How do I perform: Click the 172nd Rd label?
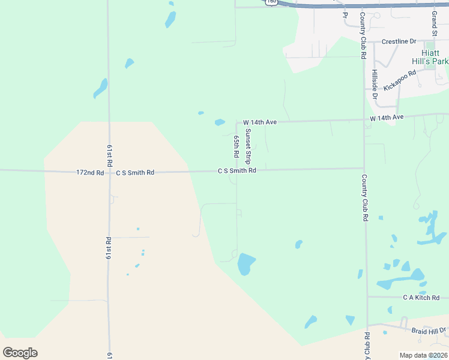click(x=90, y=172)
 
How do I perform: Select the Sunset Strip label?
click(x=247, y=147)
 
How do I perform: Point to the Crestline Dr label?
click(x=400, y=41)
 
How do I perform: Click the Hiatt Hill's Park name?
click(x=426, y=57)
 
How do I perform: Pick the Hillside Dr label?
click(x=375, y=84)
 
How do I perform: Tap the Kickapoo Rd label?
click(x=400, y=80)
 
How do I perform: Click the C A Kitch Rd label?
click(x=421, y=298)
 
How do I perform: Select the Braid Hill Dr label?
click(x=429, y=331)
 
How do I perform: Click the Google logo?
click(x=20, y=353)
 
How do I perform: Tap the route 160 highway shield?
click(x=271, y=2)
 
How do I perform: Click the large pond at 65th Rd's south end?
click(x=246, y=263)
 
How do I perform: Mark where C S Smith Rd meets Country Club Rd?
click(x=364, y=169)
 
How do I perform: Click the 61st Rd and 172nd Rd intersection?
click(x=109, y=172)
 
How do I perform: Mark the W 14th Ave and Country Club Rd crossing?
click(x=364, y=119)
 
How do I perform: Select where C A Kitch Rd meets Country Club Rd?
click(x=366, y=297)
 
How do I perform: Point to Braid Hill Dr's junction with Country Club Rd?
click(x=367, y=329)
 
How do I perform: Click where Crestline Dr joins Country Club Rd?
click(x=364, y=41)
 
